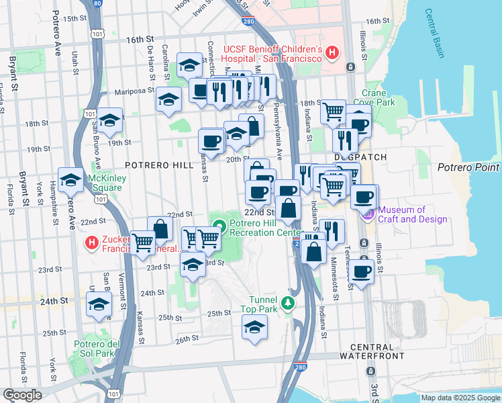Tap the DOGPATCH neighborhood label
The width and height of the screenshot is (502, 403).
click(x=360, y=156)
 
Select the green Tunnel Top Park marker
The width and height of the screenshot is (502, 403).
click(x=289, y=304)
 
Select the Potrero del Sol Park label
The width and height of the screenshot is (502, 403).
click(x=94, y=349)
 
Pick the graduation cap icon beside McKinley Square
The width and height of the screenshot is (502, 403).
click(x=71, y=179)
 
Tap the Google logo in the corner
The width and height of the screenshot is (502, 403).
click(x=22, y=395)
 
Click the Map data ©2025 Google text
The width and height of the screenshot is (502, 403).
click(x=460, y=398)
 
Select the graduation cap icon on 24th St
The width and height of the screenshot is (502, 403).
click(x=99, y=304)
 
